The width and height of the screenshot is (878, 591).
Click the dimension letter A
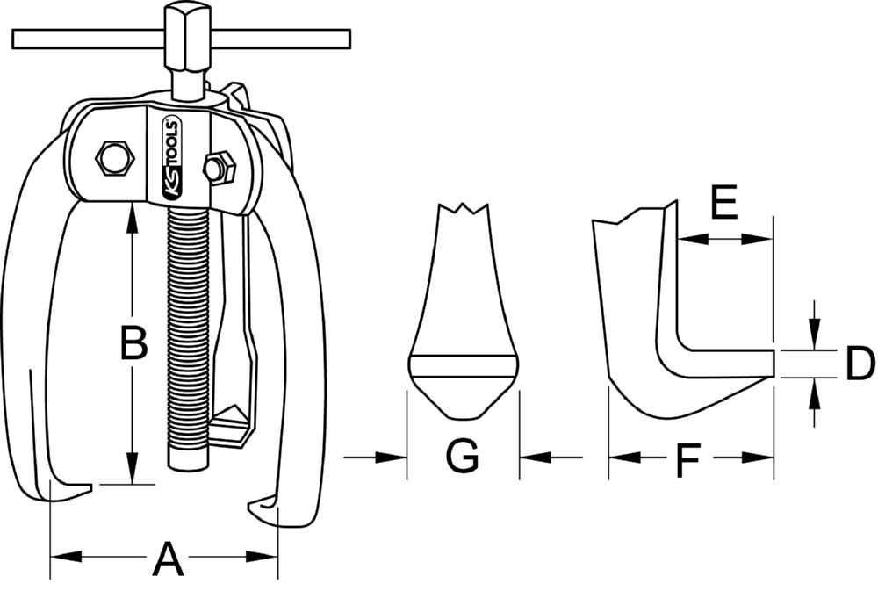pos(168,559)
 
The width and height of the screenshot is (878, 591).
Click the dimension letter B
pos(133,343)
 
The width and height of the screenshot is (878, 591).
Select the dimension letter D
pos(860,364)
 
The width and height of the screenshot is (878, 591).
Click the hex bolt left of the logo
pos(114,158)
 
